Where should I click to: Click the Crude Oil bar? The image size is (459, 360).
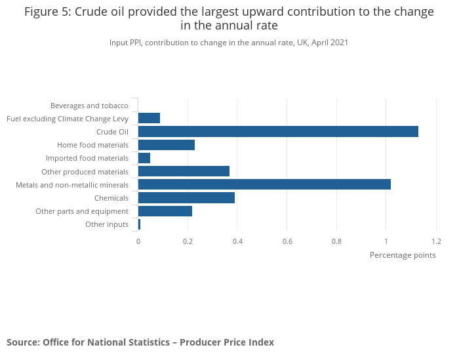278,132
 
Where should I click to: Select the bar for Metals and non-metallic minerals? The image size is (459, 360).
264,184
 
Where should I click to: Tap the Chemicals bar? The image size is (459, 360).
186,198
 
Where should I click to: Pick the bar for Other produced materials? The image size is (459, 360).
184,171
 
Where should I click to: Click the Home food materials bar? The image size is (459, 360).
167,145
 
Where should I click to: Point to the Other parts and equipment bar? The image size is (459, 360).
165,211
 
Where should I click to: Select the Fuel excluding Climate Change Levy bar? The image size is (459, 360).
149,118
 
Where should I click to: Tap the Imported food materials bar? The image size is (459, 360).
144,158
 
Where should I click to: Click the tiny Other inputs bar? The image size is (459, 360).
139,224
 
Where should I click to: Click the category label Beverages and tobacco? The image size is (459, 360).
89,105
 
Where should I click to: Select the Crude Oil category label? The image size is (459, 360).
112,132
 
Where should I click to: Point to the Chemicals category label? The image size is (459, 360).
111,198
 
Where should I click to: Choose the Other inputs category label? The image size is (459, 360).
107,224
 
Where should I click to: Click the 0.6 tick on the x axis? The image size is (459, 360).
287,241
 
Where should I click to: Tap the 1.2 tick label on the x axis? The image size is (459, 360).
436,241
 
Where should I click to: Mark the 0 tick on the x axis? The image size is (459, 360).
138,241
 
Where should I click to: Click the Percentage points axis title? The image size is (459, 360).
403,255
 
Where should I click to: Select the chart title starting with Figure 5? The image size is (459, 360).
229,19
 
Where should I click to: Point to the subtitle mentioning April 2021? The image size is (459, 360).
229,43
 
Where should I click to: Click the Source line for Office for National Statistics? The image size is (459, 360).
140,342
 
